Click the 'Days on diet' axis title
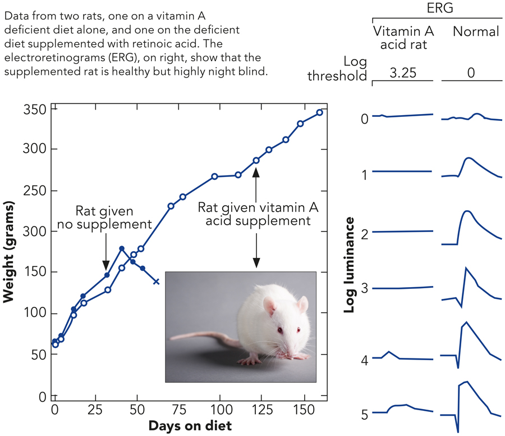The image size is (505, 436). pos(190,425)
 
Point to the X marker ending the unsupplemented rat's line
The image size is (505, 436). pos(156,281)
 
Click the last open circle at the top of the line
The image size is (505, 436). pos(320,112)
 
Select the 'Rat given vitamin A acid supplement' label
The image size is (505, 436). pos(258,215)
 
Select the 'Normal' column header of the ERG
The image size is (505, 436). pos(476,31)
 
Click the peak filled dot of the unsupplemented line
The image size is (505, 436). pos(122,248)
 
